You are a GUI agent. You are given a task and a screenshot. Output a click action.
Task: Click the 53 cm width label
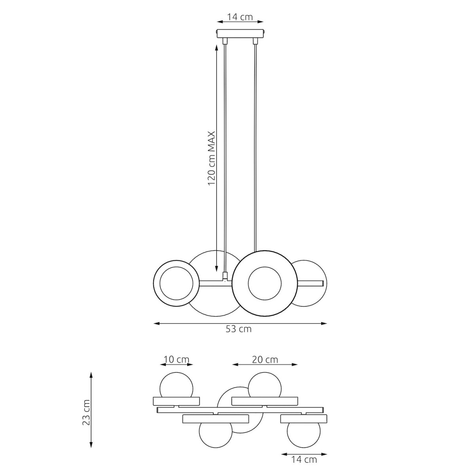[238, 329]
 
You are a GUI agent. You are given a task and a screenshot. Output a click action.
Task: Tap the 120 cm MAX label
[211, 158]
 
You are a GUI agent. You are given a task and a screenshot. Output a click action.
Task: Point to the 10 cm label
[177, 360]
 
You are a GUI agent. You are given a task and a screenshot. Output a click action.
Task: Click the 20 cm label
[265, 360]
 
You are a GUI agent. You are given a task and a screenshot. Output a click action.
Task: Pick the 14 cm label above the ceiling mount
[240, 17]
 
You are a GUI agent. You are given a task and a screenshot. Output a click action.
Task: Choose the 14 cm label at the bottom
[304, 460]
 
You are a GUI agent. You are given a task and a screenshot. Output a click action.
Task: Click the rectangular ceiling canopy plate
[240, 34]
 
